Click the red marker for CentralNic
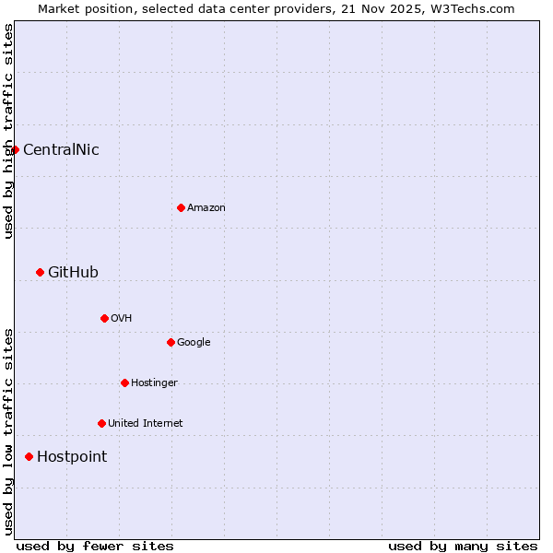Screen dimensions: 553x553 click(x=15, y=149)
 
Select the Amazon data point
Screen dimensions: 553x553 click(x=181, y=207)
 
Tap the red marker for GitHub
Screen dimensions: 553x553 click(x=40, y=272)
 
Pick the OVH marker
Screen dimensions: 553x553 click(x=104, y=318)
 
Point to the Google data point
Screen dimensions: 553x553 click(x=171, y=342)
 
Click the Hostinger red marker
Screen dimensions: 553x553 click(x=124, y=382)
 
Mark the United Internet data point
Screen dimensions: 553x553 click(x=101, y=423)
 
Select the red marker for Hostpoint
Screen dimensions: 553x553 click(x=29, y=456)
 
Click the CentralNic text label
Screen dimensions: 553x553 click(x=61, y=149)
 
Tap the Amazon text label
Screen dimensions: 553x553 click(x=206, y=207)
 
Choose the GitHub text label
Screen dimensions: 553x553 click(x=73, y=272)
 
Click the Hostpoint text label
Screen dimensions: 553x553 click(x=72, y=456)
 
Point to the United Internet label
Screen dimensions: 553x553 click(x=146, y=423)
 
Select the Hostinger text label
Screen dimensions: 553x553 click(x=154, y=382)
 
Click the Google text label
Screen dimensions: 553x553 click(x=194, y=342)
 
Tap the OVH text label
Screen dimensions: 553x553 click(x=121, y=318)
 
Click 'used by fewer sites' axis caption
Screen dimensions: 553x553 click(x=95, y=546)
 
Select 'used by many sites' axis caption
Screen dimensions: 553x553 click(x=463, y=546)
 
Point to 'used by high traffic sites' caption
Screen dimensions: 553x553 click(x=8, y=131)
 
